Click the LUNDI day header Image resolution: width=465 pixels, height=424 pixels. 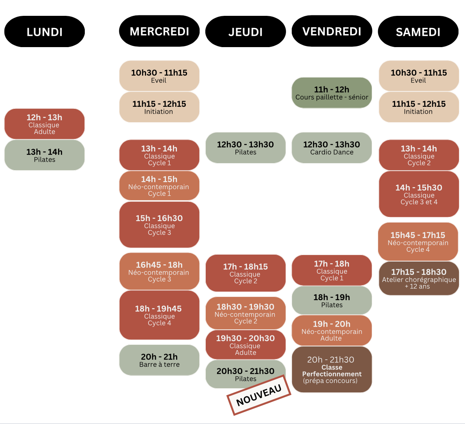[45, 32]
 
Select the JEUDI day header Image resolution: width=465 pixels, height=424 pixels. [245, 32]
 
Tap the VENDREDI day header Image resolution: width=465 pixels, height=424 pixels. [332, 31]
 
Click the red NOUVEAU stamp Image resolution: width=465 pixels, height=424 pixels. [258, 395]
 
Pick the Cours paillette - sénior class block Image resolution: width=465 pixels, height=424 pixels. [332, 93]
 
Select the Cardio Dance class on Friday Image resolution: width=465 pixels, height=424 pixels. [332, 148]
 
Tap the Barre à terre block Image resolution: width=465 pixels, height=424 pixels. [159, 360]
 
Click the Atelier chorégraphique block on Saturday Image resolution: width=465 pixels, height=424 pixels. [419, 279]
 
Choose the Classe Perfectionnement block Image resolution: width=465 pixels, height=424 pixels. [332, 370]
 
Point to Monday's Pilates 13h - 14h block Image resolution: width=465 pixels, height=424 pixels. [45, 155]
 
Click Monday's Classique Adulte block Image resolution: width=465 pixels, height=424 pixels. [45, 124]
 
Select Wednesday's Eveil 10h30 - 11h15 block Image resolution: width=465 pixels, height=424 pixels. [159, 76]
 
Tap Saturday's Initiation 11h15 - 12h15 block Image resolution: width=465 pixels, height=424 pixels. [419, 107]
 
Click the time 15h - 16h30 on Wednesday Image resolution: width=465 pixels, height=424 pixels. [159, 218]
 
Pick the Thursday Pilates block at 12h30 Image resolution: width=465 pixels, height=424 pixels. [245, 148]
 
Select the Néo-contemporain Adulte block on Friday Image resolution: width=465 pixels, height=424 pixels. [332, 331]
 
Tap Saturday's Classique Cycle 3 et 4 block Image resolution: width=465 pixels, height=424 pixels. [419, 194]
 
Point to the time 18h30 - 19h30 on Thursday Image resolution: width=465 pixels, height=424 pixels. [245, 307]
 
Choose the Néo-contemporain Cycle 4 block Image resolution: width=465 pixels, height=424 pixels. [418, 242]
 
